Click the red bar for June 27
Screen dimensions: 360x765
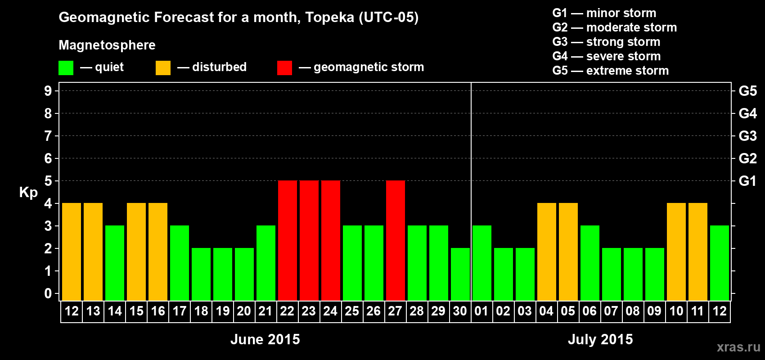pyautogui.click(x=396, y=240)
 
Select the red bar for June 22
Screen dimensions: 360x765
pyautogui.click(x=288, y=240)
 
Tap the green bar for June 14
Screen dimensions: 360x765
pyautogui.click(x=115, y=263)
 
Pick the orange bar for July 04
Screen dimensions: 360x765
pyautogui.click(x=547, y=252)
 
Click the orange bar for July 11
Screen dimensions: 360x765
pyautogui.click(x=698, y=252)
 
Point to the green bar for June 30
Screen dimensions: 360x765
pyautogui.click(x=460, y=274)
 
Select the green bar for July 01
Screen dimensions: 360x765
pyautogui.click(x=482, y=263)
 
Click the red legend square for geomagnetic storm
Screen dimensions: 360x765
pyautogui.click(x=284, y=68)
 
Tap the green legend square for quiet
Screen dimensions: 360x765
pyautogui.click(x=66, y=68)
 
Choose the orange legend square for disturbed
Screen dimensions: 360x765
pyautogui.click(x=163, y=68)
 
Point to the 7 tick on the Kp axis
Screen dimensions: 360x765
pyautogui.click(x=48, y=136)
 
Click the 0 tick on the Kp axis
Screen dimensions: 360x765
pyautogui.click(x=48, y=293)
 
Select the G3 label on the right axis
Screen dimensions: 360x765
pyautogui.click(x=747, y=136)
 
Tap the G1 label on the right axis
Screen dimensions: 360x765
pyautogui.click(x=747, y=181)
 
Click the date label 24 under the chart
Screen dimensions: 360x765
pyautogui.click(x=330, y=311)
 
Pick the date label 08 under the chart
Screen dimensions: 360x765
pyautogui.click(x=633, y=311)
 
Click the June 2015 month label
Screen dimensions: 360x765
pyautogui.click(x=265, y=339)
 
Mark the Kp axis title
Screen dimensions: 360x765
pyautogui.click(x=28, y=193)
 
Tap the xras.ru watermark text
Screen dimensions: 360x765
pyautogui.click(x=738, y=346)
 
